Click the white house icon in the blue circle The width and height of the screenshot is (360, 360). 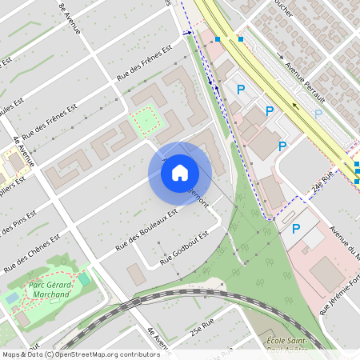[180, 173]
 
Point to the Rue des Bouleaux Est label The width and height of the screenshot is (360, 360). [146, 230]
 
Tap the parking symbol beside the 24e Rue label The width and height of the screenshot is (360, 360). [295, 230]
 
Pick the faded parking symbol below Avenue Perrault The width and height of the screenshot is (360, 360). [318, 114]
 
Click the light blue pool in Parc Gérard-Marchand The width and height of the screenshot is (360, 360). [11, 298]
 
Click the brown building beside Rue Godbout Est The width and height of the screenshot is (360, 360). [136, 274]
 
